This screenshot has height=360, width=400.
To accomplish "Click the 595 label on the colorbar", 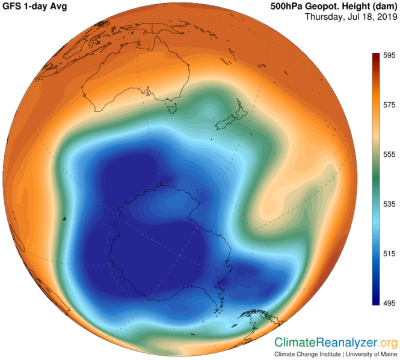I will click(x=390, y=55).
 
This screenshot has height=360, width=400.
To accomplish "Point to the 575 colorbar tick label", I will click(x=390, y=105).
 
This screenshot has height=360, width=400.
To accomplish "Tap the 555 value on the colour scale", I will click(x=390, y=154).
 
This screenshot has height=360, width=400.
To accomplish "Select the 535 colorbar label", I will click(x=390, y=204).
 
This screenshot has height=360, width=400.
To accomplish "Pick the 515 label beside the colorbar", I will click(x=390, y=254).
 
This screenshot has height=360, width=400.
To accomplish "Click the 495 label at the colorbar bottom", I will click(x=390, y=304).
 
